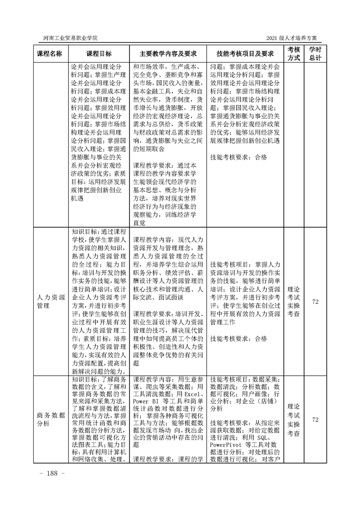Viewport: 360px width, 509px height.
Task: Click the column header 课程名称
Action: [x=52, y=54]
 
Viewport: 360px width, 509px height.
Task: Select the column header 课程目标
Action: [x=99, y=54]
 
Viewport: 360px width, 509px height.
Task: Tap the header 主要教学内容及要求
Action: [x=168, y=54]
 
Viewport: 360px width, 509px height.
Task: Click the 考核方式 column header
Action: [x=294, y=54]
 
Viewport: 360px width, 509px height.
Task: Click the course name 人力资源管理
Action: [x=52, y=301]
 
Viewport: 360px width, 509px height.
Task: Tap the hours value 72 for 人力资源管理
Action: [x=315, y=301]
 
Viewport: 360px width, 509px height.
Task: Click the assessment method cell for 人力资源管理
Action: [x=294, y=301]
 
